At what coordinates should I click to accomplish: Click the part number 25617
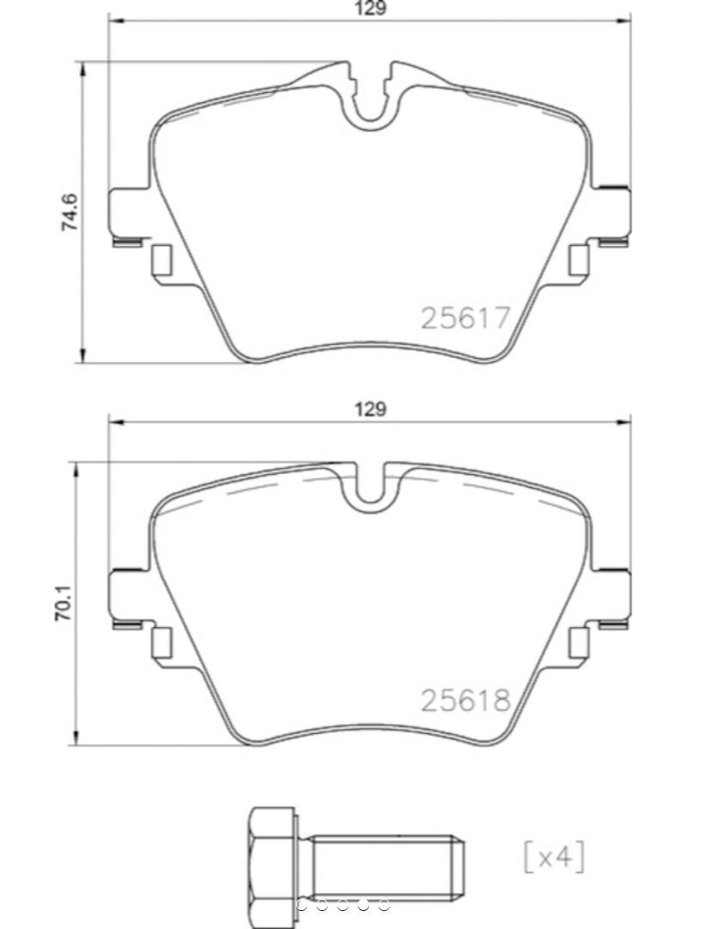[465, 318]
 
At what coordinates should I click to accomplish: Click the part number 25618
[465, 700]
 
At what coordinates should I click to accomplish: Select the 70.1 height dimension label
[66, 604]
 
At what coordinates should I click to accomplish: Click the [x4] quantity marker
[554, 857]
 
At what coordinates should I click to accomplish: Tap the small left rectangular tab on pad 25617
[161, 260]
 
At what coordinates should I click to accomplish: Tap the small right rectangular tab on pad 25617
[579, 260]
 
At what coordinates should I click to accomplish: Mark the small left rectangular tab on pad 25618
[161, 643]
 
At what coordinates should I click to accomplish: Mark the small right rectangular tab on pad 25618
[579, 643]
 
